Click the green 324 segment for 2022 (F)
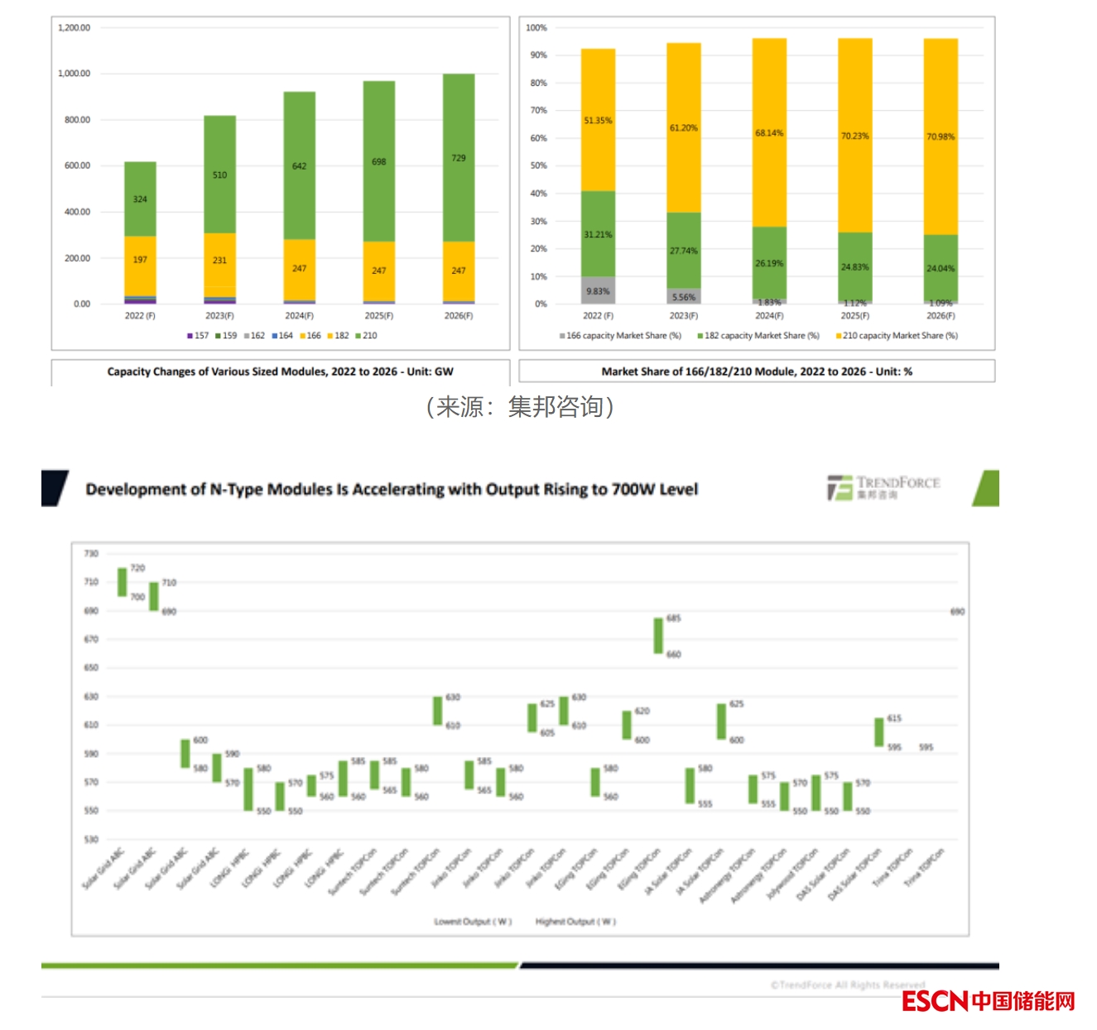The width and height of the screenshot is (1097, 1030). pos(140,199)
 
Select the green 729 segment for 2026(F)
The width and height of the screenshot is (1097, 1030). pos(458,157)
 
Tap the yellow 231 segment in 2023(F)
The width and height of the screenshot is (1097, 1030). pos(219,260)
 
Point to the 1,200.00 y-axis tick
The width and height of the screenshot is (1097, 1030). pos(74,28)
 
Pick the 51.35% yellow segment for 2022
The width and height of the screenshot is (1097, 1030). pos(598,120)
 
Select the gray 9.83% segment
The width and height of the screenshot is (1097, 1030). pos(598,290)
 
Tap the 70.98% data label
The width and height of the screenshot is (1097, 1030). pos(941,137)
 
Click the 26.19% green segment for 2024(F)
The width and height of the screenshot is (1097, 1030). pos(769,263)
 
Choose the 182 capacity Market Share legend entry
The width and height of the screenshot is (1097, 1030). pos(758,336)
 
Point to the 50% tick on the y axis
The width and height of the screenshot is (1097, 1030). pos(538,166)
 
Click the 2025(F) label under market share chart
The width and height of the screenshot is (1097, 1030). pos(854,316)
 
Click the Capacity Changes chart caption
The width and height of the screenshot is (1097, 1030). pos(280,372)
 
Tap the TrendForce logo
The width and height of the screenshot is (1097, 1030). pos(883,487)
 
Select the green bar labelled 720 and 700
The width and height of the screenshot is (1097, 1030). pos(123,582)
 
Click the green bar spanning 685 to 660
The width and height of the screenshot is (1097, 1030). pos(658,635)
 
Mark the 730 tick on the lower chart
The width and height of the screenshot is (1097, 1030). pos(91,553)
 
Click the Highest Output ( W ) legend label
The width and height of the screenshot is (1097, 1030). pos(575,922)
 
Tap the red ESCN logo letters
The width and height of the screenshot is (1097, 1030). pos(935,1001)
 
